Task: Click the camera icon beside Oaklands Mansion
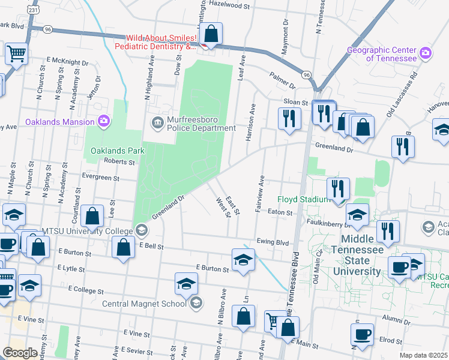coord(104,122)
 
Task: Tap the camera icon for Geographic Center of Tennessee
coord(426,53)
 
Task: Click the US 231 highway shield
coord(32,10)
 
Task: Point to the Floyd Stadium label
coord(303,199)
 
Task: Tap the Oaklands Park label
coord(118,151)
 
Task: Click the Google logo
coord(20,353)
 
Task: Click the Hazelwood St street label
coord(229,5)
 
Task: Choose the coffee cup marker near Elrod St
coord(362,334)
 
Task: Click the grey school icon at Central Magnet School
coord(195,304)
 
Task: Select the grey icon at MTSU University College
coord(141,230)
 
